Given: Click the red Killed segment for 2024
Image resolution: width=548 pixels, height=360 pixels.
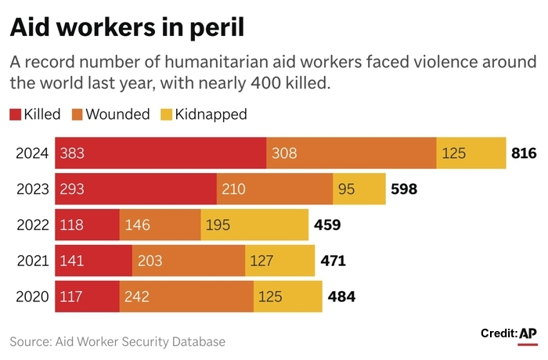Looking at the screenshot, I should [160, 153].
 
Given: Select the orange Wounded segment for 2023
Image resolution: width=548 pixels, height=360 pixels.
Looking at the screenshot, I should [275, 189].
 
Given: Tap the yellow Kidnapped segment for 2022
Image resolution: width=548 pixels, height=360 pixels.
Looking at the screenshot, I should [254, 225].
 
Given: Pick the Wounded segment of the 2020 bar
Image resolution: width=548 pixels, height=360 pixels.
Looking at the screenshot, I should [186, 297].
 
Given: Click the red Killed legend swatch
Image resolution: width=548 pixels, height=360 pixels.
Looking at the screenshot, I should [15, 114].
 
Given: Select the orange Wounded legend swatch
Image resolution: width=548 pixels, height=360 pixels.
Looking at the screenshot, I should [77, 114].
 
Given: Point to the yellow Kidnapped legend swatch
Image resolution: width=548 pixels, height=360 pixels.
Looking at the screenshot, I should [166, 114].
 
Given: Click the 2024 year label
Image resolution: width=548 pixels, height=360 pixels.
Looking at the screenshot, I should [32, 153].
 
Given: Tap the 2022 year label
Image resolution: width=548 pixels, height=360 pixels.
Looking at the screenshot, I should [32, 225].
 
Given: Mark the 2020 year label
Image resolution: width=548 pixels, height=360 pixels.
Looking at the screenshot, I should [32, 297].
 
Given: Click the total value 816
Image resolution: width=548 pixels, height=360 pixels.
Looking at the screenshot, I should [523, 153].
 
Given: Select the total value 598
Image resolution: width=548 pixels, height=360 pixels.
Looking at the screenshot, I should [403, 189].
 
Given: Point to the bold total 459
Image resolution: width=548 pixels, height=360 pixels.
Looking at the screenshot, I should [326, 225].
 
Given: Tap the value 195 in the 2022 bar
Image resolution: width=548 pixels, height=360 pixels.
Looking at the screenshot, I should [218, 225].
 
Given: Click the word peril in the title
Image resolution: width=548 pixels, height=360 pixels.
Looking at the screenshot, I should [213, 28].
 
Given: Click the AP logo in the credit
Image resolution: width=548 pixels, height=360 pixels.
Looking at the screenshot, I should [528, 334].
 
